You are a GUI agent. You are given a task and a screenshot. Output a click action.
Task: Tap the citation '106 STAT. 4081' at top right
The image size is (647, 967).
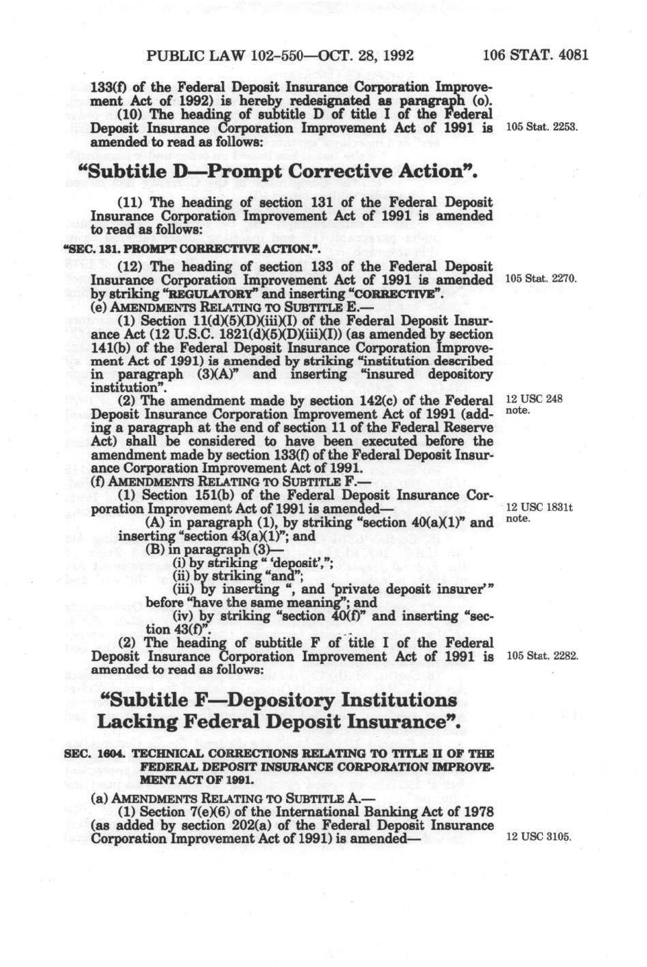(535, 56)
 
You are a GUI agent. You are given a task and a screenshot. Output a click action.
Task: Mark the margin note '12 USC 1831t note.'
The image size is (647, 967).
(538, 513)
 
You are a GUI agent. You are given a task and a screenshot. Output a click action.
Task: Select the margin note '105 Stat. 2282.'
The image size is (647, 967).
(541, 656)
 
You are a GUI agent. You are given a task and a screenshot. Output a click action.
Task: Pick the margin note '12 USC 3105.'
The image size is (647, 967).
(538, 837)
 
